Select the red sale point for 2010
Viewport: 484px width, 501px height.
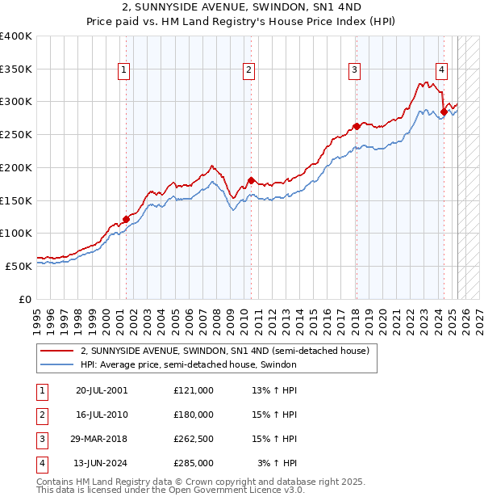(251, 180)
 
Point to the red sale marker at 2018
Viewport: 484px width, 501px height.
(357, 126)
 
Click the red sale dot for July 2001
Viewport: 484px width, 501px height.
(127, 219)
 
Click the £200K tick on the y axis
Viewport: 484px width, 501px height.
(16, 167)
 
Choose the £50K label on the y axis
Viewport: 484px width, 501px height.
(19, 266)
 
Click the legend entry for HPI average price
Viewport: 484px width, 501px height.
(189, 364)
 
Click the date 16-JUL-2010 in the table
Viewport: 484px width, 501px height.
(102, 415)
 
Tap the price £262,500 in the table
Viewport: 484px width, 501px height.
(194, 439)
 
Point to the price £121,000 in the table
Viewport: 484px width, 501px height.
(194, 390)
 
